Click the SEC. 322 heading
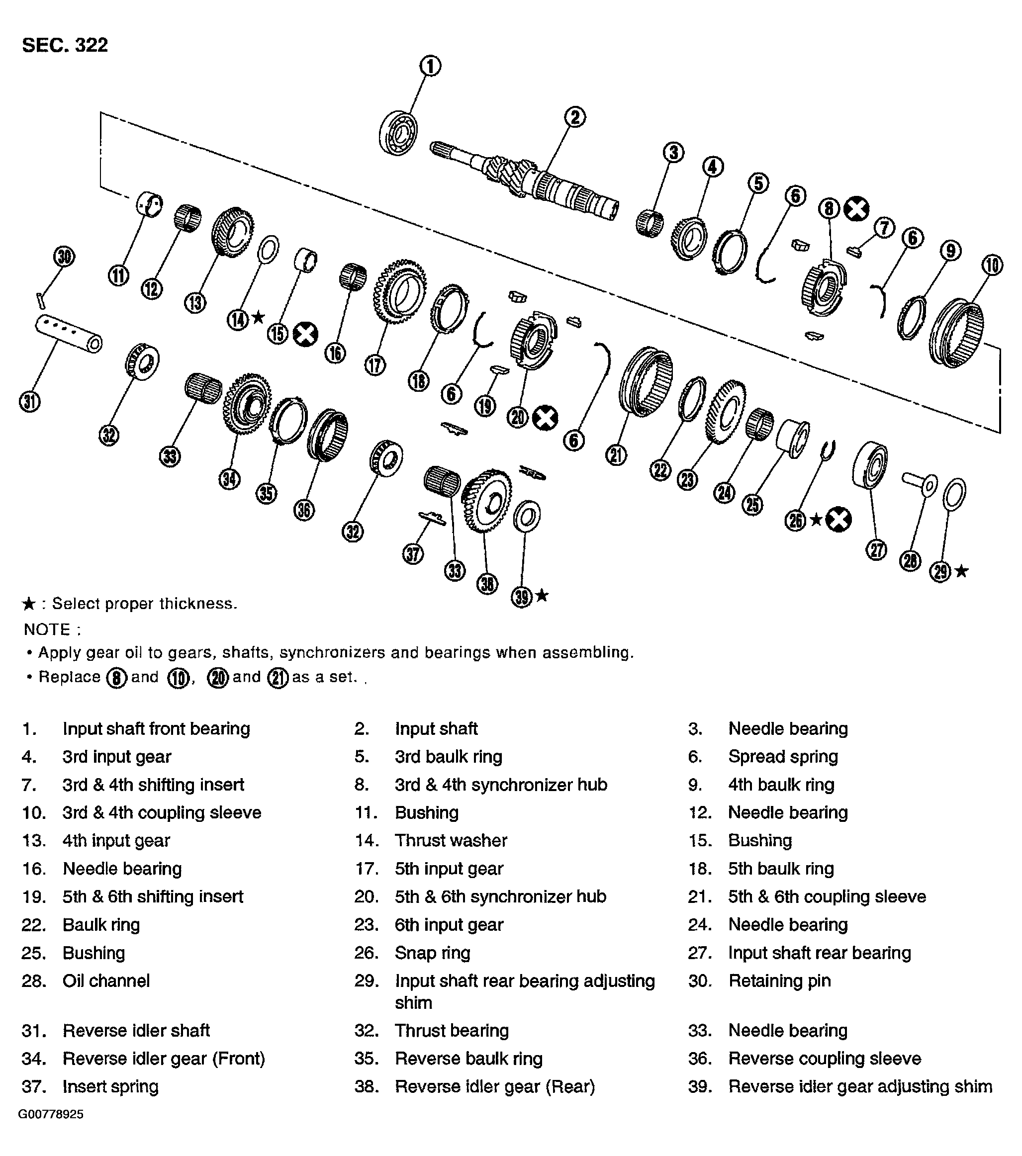point(65,45)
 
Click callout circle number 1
point(430,66)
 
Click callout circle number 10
point(992,265)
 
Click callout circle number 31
point(29,402)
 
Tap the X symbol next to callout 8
point(856,209)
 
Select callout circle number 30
point(64,257)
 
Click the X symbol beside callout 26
point(838,519)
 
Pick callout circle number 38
point(487,583)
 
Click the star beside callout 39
point(542,595)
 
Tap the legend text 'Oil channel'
point(106,980)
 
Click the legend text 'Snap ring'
point(432,953)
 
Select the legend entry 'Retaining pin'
point(779,980)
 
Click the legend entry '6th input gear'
point(449,925)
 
